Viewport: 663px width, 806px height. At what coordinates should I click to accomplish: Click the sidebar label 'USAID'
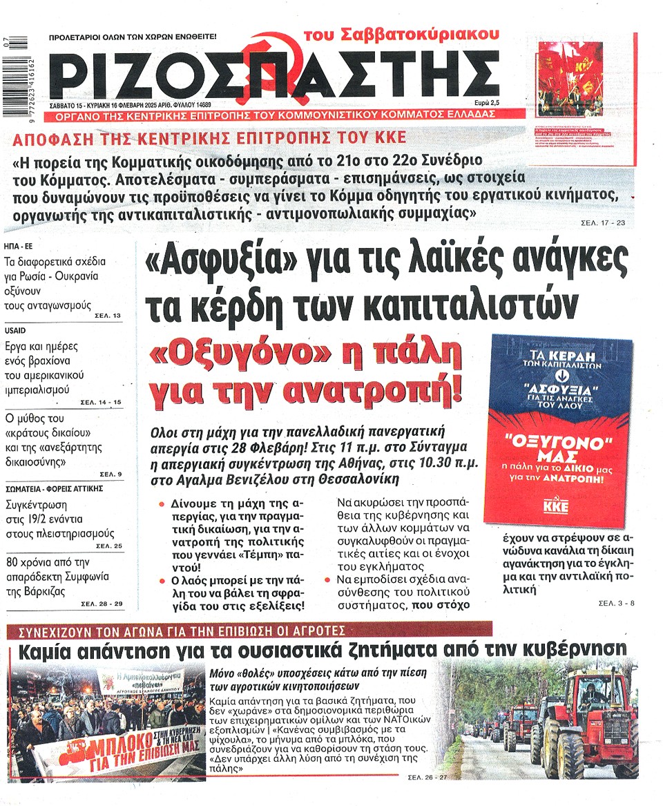[x=15, y=330]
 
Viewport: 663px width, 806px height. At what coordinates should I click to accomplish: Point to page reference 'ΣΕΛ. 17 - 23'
[x=602, y=224]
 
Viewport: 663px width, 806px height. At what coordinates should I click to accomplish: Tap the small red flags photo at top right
[x=570, y=69]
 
